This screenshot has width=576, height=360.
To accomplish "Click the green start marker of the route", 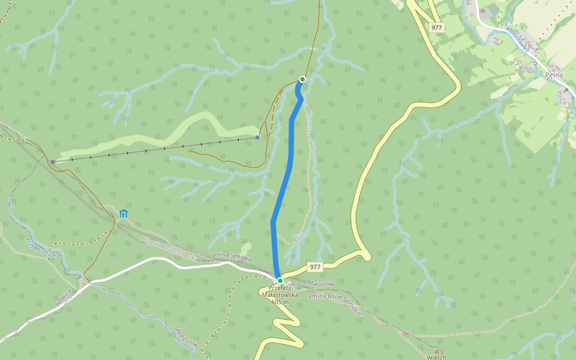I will (x=280, y=280).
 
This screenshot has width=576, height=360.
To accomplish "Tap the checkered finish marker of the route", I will (x=302, y=79).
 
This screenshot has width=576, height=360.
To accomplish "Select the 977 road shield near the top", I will (x=437, y=27).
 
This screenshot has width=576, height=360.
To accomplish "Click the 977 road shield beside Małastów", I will (x=314, y=266).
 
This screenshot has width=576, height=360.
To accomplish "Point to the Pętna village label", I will (x=553, y=75).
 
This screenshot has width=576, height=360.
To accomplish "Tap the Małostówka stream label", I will (x=517, y=38).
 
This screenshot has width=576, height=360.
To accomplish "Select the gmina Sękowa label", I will (x=231, y=256).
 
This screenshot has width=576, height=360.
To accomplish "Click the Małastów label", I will (x=320, y=283).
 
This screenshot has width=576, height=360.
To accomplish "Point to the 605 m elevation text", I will (x=280, y=302).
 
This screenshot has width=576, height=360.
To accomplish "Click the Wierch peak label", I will (x=436, y=358).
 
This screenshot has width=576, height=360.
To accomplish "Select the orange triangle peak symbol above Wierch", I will (x=437, y=351).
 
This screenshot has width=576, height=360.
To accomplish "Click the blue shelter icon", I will (x=124, y=213).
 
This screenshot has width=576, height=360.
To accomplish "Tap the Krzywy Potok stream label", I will (x=40, y=247).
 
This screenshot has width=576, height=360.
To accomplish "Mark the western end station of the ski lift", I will (x=53, y=162).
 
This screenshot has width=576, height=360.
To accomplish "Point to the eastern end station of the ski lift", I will (x=257, y=137).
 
